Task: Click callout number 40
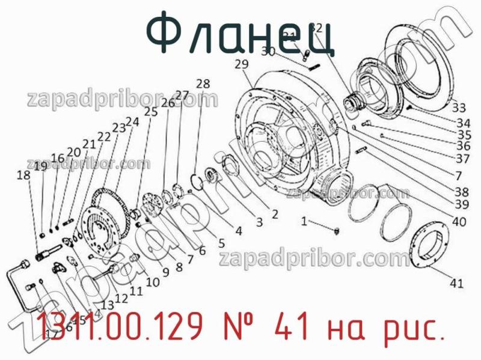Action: click(x=459, y=222)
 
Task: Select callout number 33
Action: click(x=459, y=108)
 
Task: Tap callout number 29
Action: click(x=242, y=64)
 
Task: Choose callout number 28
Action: click(x=203, y=84)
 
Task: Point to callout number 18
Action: click(x=23, y=175)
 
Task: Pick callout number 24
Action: click(x=132, y=121)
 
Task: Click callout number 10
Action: click(x=152, y=281)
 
